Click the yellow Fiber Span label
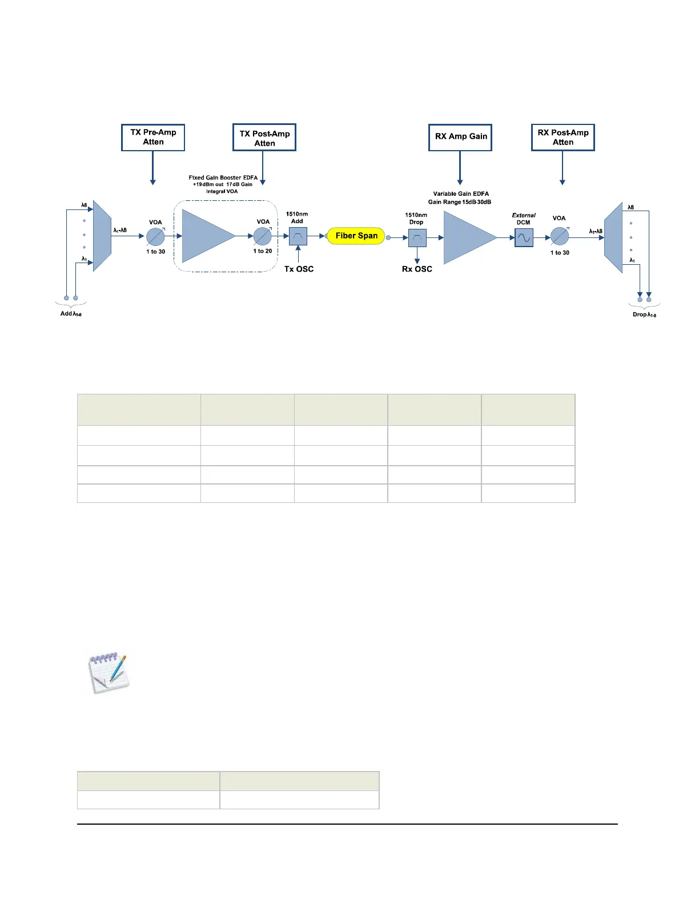pos(356,236)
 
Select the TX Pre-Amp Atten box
pos(153,138)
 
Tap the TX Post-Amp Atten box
pos(264,138)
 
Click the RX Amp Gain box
pos(460,137)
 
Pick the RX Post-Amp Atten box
pos(563,138)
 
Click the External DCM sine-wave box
pos(524,237)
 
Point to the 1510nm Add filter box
pos(298,236)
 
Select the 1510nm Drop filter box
pos(417,237)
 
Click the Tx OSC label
pos(299,269)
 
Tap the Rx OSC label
pos(417,269)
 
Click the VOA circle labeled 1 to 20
pos(263,236)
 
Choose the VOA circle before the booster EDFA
pos(155,236)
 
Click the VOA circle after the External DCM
pos(560,236)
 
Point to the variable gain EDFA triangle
pos(465,238)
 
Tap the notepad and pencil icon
pos(109,674)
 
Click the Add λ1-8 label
pos(71,314)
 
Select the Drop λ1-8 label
pos(644,314)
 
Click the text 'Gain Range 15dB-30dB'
pos(460,202)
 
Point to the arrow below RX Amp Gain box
pos(460,168)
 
